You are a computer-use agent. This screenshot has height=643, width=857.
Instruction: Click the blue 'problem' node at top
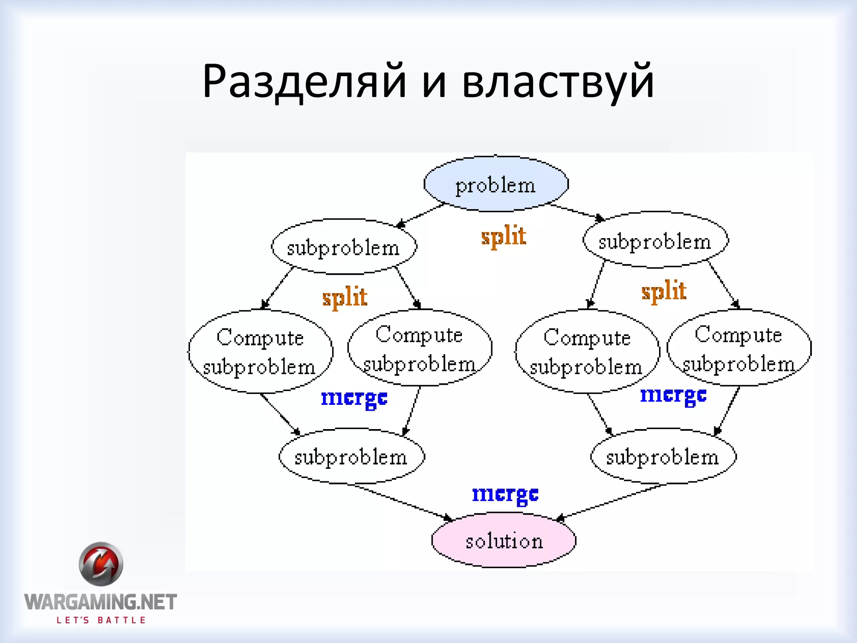496,184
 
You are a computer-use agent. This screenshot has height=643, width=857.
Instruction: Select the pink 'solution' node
504,540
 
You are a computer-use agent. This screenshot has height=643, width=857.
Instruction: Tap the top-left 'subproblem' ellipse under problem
344,247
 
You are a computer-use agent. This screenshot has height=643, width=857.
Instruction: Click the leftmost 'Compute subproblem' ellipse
260,352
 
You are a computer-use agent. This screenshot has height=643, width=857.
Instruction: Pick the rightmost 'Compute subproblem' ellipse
739,348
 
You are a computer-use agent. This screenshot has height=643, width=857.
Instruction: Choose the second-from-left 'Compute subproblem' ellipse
420,348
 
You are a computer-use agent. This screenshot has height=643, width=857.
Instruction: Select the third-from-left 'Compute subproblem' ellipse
587,352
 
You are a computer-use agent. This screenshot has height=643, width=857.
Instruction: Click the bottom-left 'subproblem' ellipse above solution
352,456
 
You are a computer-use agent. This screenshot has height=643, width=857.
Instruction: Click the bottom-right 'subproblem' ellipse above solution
663,456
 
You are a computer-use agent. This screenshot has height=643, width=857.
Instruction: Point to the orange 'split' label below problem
503,236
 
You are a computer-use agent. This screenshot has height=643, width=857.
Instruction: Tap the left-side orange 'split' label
345,297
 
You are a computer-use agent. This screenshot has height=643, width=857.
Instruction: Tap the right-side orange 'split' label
664,291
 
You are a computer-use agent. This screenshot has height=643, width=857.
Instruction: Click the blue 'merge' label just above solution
505,494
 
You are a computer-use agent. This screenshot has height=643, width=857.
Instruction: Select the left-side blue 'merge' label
354,398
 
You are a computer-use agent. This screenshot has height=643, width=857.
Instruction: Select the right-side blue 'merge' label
673,395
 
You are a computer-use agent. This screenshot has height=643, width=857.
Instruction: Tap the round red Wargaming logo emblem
101,564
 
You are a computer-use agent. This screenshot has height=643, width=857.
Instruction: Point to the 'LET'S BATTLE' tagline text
101,620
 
